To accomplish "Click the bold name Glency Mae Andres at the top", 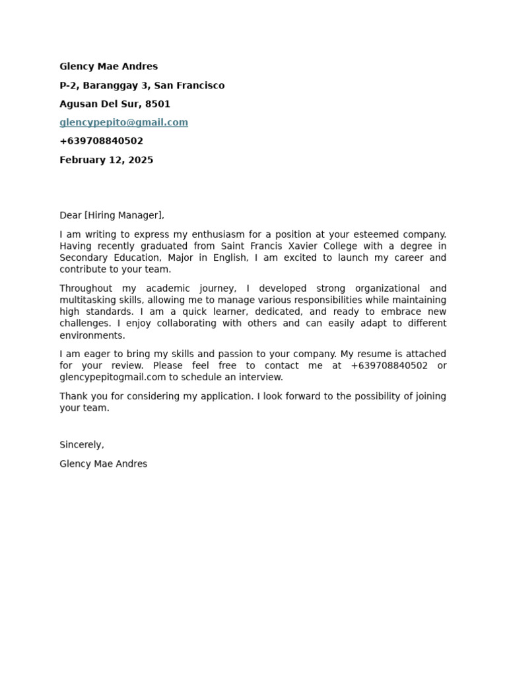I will [x=108, y=67].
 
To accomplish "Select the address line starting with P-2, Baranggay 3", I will [x=142, y=85].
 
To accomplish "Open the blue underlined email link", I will [x=123, y=122].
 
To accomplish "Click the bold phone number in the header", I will [x=101, y=141].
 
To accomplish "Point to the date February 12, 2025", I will [x=106, y=160].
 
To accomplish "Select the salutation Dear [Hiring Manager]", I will [x=112, y=215].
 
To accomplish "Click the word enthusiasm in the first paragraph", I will [x=218, y=234].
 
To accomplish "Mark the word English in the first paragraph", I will [x=229, y=257].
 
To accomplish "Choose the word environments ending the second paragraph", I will [x=91, y=335].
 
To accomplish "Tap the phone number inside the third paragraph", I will [x=389, y=366].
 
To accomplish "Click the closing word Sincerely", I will [x=81, y=445].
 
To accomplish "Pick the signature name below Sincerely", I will [x=103, y=464].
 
